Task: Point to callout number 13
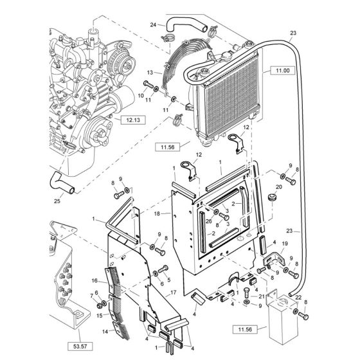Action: pos(149,73)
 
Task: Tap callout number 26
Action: pos(209,222)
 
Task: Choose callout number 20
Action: pos(279,188)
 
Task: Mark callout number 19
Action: pos(285,246)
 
